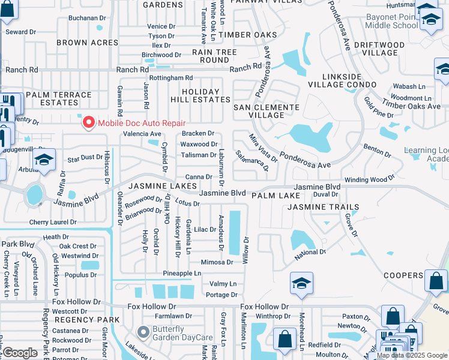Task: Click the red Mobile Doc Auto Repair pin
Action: pyautogui.click(x=89, y=122)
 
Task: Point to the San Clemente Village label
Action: pyautogui.click(x=266, y=111)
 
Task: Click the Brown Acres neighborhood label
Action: pyautogui.click(x=88, y=43)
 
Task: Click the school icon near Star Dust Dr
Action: pyautogui.click(x=44, y=161)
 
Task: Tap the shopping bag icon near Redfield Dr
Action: pyautogui.click(x=284, y=340)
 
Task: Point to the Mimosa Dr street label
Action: pyautogui.click(x=217, y=262)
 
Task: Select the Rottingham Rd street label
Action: pyautogui.click(x=171, y=78)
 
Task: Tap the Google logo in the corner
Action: pyautogui.click(x=20, y=353)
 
